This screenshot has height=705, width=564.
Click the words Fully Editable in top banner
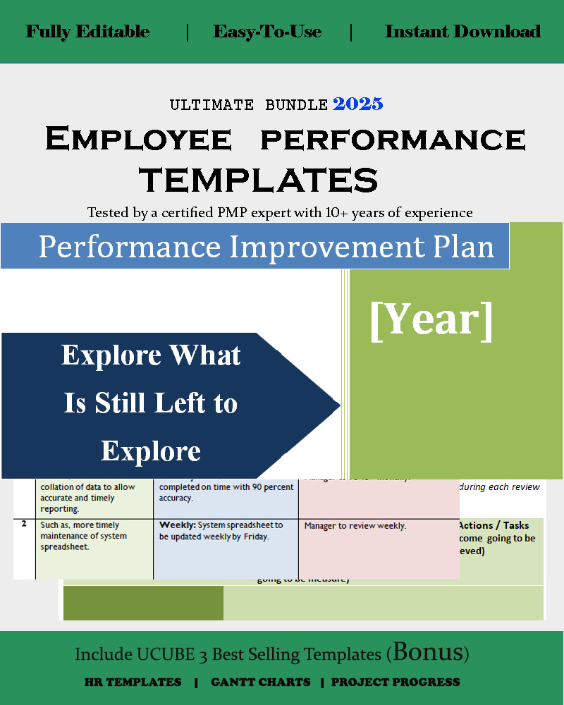point(87,32)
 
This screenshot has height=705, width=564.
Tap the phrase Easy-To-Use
point(267,32)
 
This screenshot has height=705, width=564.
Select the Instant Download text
point(462,32)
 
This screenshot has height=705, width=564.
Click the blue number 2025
point(357,104)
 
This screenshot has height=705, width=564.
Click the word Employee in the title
point(137,139)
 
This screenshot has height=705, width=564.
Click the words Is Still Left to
point(151,403)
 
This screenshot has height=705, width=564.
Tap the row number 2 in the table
point(24,525)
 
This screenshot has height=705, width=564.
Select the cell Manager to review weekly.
point(355,526)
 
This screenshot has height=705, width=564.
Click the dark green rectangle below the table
point(143,603)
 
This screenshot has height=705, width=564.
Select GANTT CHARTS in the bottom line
point(260,682)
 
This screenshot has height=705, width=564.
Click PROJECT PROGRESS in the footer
point(395,682)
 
